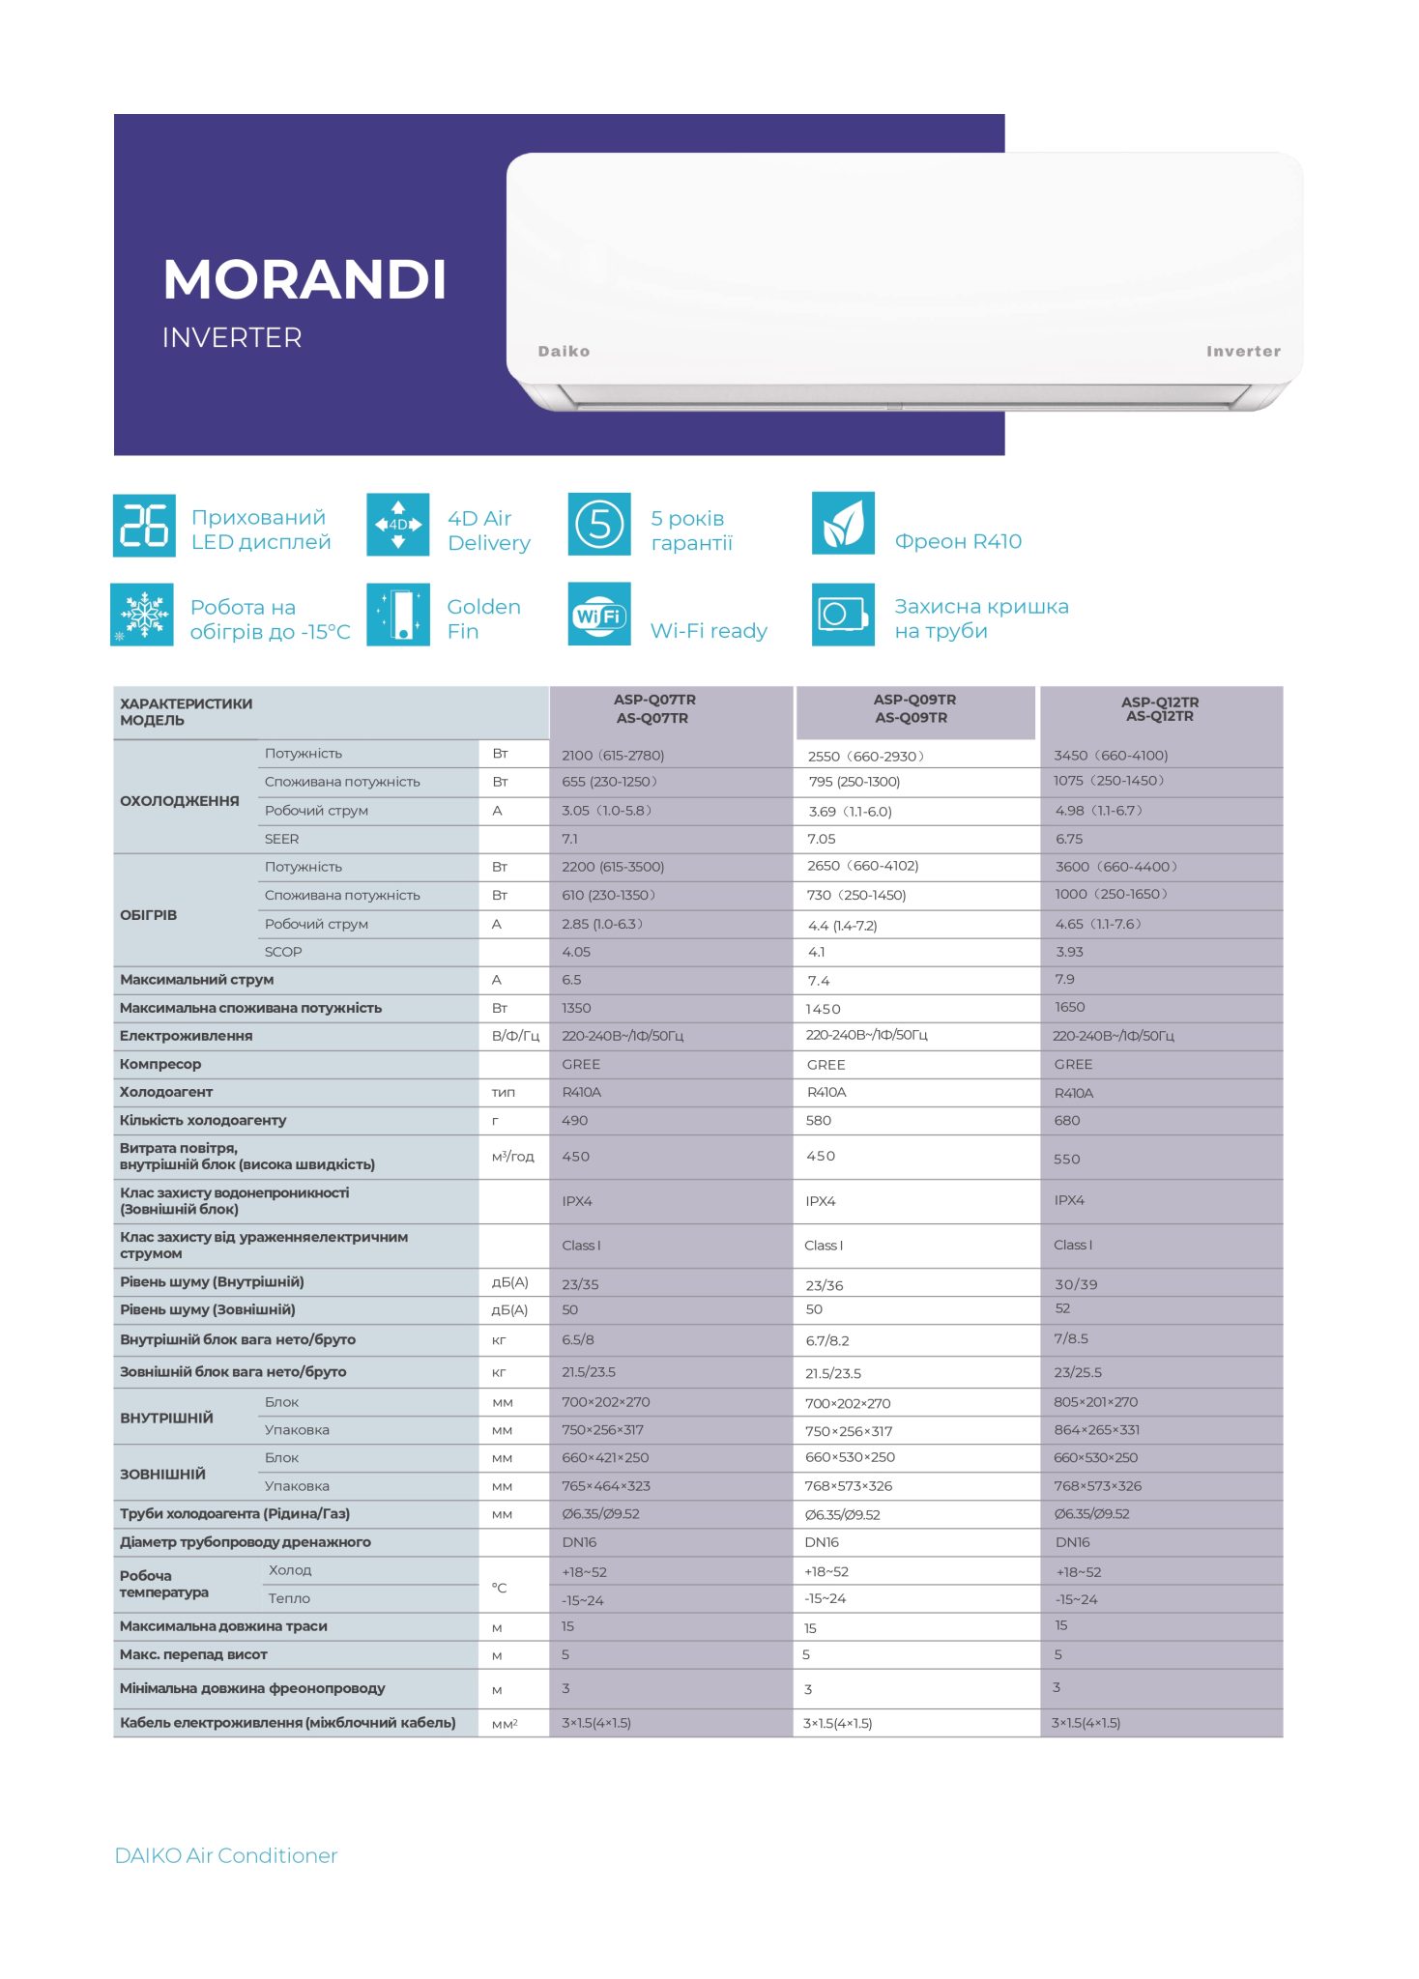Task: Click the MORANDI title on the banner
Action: (304, 280)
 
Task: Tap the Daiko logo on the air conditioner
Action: (564, 352)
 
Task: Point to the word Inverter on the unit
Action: (1243, 352)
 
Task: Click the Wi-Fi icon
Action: (599, 614)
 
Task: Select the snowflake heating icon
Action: (142, 615)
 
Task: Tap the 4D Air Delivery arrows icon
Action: (397, 525)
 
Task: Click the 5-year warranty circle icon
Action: (599, 525)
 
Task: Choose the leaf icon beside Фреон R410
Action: (843, 524)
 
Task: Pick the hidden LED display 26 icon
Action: (144, 525)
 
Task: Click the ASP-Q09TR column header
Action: (914, 708)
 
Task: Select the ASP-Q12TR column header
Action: (1160, 709)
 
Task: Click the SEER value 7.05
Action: (822, 839)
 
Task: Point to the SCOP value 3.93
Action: (1069, 952)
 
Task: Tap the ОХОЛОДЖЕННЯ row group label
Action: (180, 801)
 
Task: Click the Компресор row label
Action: (160, 1064)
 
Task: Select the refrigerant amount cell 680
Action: (1067, 1121)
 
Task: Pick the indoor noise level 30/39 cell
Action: (1076, 1284)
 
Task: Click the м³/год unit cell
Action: (512, 1157)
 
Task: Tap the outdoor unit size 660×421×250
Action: (605, 1457)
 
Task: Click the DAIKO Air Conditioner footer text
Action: (226, 1855)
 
